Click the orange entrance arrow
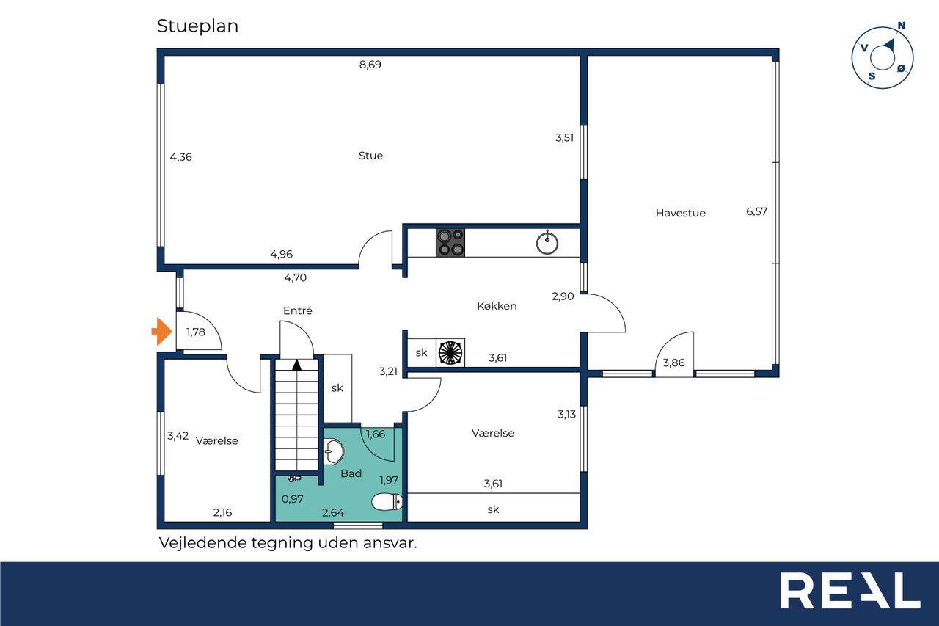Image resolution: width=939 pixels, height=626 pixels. click(x=162, y=331)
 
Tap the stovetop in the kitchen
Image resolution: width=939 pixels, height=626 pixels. click(x=450, y=242)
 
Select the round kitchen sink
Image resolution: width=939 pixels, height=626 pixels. click(x=547, y=243)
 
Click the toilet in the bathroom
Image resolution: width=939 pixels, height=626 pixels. click(x=387, y=502)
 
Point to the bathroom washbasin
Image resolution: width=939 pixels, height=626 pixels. click(x=333, y=451)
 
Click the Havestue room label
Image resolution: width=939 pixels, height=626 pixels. click(x=680, y=213)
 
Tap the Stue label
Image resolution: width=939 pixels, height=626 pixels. click(x=370, y=156)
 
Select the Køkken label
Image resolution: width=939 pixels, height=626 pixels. click(x=497, y=306)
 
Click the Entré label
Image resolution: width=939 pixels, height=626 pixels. click(x=298, y=310)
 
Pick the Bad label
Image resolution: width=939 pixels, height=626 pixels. click(x=351, y=473)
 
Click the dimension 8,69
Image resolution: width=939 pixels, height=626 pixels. click(x=370, y=65)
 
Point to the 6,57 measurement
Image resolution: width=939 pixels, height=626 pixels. click(x=756, y=211)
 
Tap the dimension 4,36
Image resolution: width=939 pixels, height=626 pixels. click(x=180, y=157)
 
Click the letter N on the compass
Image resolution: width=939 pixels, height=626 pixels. click(x=902, y=26)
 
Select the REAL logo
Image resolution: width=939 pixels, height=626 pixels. click(x=850, y=590)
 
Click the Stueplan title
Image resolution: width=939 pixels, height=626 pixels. click(x=198, y=26)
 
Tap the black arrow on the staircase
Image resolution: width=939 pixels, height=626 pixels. click(x=297, y=365)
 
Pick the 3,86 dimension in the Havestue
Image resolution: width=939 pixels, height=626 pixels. click(x=673, y=363)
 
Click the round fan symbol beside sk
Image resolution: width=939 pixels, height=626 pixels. click(x=450, y=352)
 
